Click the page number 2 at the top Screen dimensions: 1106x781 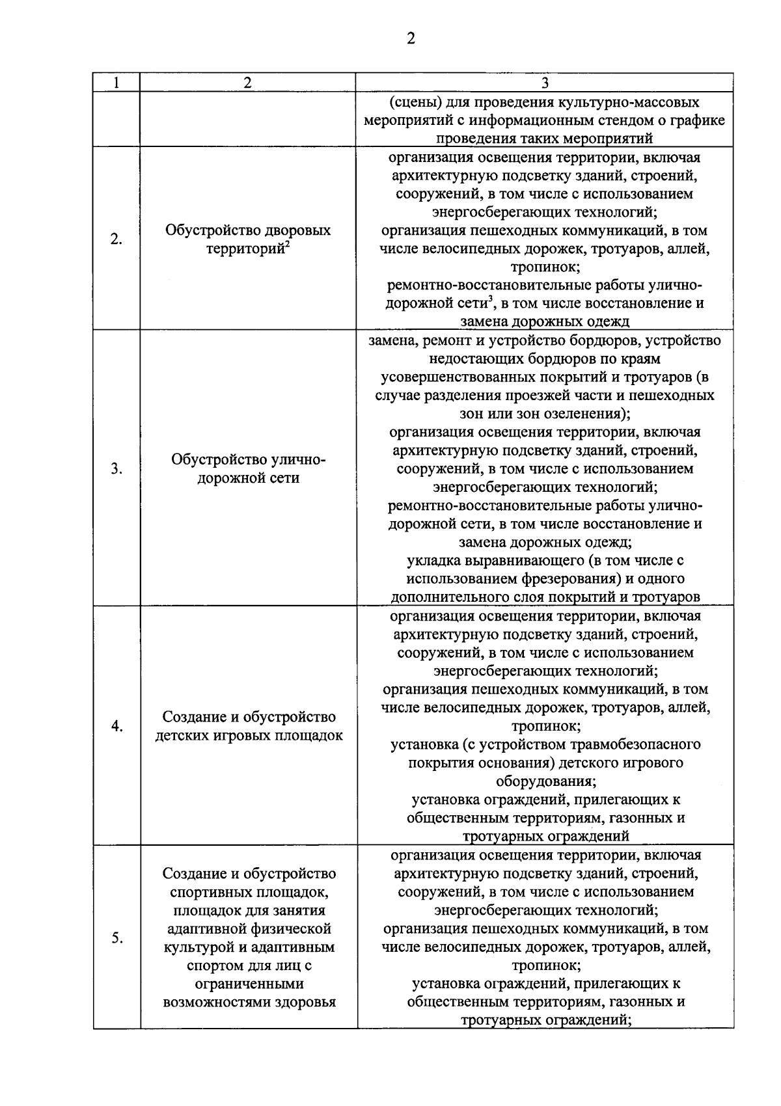coord(410,38)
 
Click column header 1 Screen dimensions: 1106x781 coord(116,83)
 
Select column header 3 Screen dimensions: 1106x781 coord(545,83)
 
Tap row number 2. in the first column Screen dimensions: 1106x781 coord(116,239)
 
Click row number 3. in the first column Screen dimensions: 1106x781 coord(116,468)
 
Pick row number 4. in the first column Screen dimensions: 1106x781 coord(116,726)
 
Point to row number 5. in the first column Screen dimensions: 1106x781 coord(116,937)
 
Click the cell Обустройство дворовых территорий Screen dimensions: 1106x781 coord(248,239)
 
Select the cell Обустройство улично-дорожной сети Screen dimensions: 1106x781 coord(248,468)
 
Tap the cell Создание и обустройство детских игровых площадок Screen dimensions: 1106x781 coord(249,726)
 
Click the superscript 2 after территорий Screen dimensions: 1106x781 coord(287,244)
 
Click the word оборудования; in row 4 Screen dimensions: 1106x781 coord(545,781)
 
